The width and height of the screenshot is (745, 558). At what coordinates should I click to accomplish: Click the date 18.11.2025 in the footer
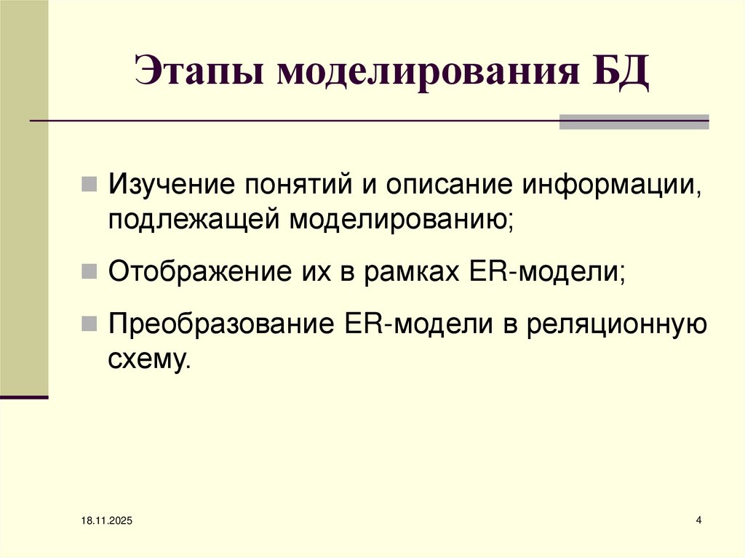101,522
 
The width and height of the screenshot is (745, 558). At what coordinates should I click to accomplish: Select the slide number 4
699,520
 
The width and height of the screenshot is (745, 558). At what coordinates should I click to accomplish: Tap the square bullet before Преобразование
87,325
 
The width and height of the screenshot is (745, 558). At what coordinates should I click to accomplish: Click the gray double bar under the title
633,121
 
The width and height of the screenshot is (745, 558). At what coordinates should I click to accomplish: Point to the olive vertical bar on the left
24,196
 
